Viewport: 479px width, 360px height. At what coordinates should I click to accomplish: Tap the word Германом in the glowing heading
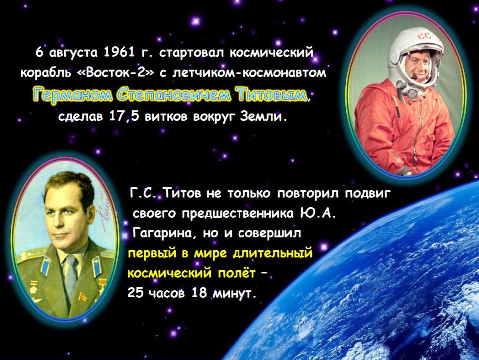(72, 95)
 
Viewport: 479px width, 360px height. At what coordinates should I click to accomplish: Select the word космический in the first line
(271, 53)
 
